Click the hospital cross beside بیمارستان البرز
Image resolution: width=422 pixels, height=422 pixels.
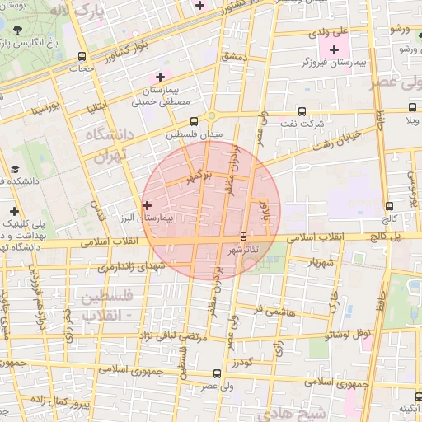(147, 205)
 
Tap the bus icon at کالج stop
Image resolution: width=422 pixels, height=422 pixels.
(389, 207)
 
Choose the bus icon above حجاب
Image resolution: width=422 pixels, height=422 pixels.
(82, 56)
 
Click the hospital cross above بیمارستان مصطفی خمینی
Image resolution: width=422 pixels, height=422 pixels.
(160, 76)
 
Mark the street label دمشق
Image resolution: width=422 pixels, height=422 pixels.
(234, 56)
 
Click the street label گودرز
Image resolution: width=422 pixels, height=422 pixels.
(240, 362)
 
